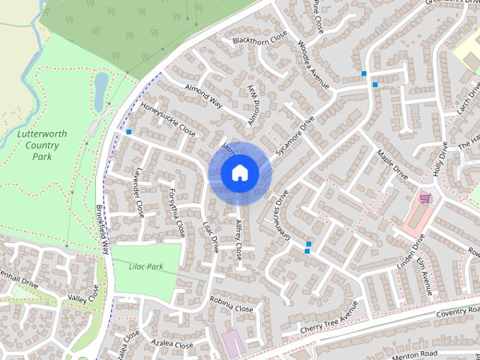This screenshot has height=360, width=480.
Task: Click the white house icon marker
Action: (240, 173)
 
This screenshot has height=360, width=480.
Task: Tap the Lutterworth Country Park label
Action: (41, 145)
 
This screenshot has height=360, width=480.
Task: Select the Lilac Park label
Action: (145, 266)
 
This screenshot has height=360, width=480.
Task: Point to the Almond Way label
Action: (203, 97)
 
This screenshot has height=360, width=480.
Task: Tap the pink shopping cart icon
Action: (426, 199)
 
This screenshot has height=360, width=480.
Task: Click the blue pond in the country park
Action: (100, 88)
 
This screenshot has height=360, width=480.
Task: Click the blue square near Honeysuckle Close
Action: (130, 132)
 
